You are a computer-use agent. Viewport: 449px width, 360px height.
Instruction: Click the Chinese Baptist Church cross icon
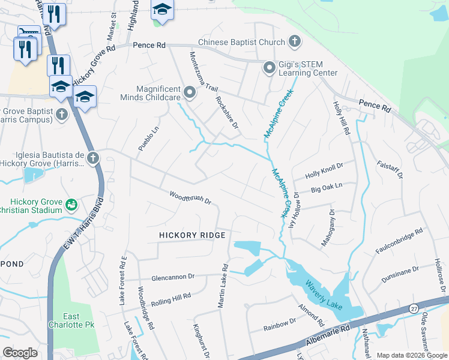[294, 42]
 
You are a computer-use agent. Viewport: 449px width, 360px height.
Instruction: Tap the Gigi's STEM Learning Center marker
[269, 68]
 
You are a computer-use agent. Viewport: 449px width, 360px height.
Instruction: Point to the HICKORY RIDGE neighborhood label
[192, 235]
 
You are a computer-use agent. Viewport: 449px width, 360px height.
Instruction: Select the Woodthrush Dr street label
[190, 197]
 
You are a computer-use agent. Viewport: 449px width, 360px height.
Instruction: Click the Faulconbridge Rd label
[403, 239]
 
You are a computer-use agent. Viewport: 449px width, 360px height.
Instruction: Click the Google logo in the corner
[20, 353]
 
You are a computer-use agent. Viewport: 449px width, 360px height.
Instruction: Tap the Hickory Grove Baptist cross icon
[61, 113]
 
